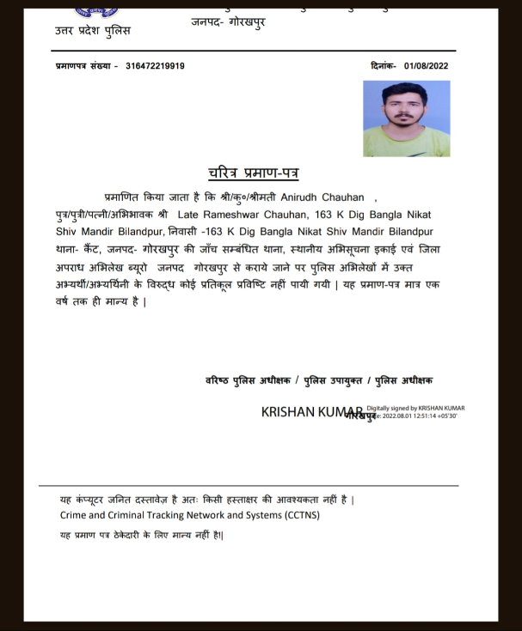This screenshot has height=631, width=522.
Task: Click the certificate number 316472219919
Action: click(155, 66)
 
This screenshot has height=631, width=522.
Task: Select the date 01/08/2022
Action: click(426, 66)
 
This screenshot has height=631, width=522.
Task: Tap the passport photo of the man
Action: click(406, 118)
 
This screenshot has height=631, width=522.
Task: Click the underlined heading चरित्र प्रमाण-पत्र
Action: click(253, 173)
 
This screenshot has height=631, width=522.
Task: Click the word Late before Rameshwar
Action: click(187, 215)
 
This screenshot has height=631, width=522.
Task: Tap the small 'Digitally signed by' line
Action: click(416, 408)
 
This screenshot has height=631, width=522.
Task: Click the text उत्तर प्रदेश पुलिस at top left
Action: click(93, 31)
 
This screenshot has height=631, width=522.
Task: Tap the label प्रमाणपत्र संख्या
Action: click(83, 66)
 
